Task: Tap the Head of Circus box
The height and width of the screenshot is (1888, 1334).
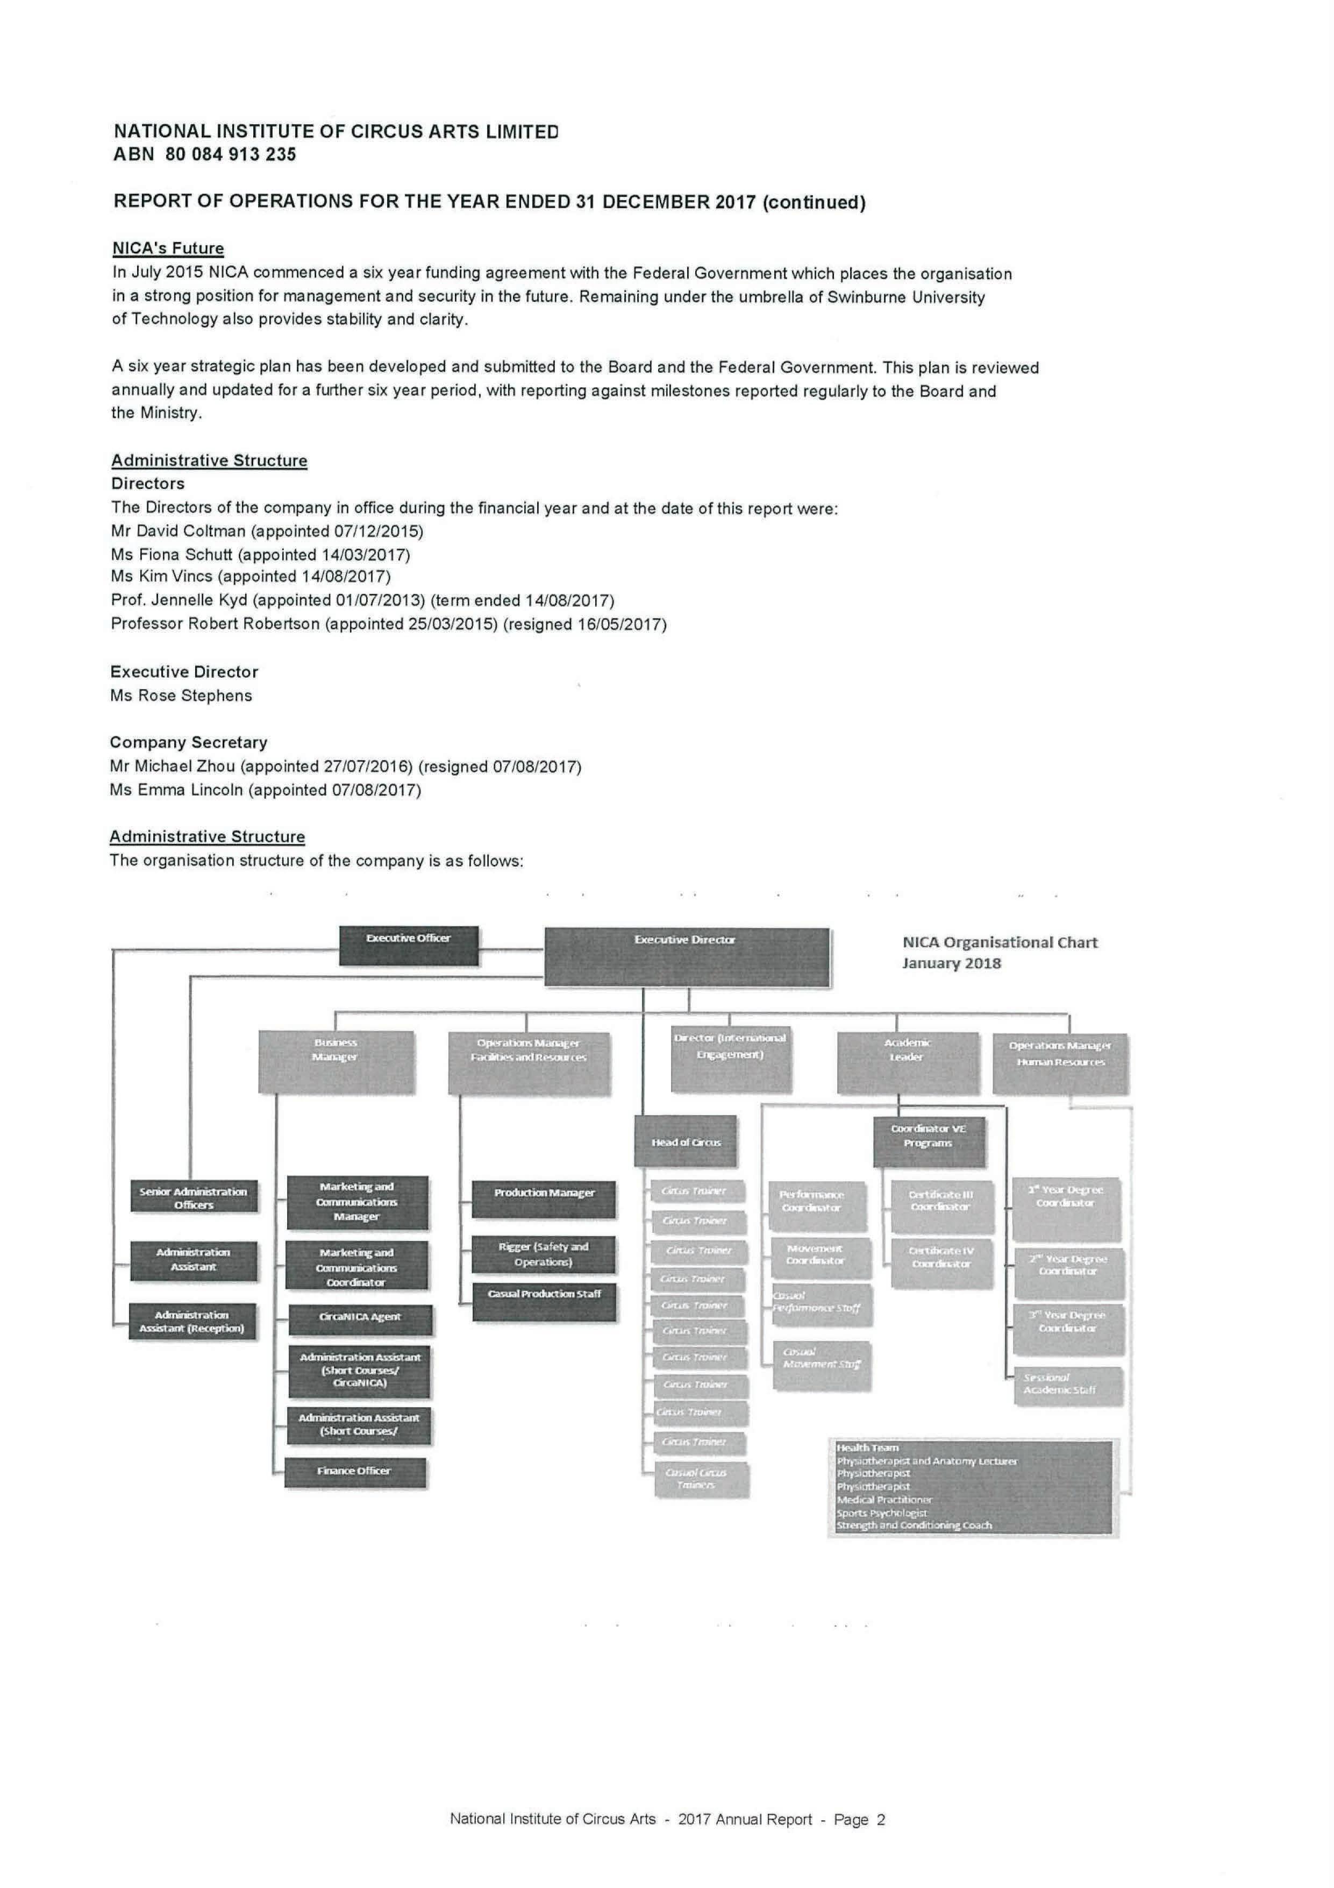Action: tap(686, 1141)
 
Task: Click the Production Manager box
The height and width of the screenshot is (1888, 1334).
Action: tap(543, 1199)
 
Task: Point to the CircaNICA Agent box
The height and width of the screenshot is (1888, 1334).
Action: tap(360, 1319)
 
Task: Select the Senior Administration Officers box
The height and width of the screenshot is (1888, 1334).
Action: tap(193, 1197)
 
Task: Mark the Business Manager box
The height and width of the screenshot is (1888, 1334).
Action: tap(336, 1061)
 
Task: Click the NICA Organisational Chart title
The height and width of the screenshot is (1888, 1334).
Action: tap(1000, 952)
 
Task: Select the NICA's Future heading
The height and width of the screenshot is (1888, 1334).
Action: tap(168, 249)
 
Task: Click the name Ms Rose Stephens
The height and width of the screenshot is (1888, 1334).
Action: tap(181, 695)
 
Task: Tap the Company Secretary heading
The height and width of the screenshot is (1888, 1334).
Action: tap(188, 742)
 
